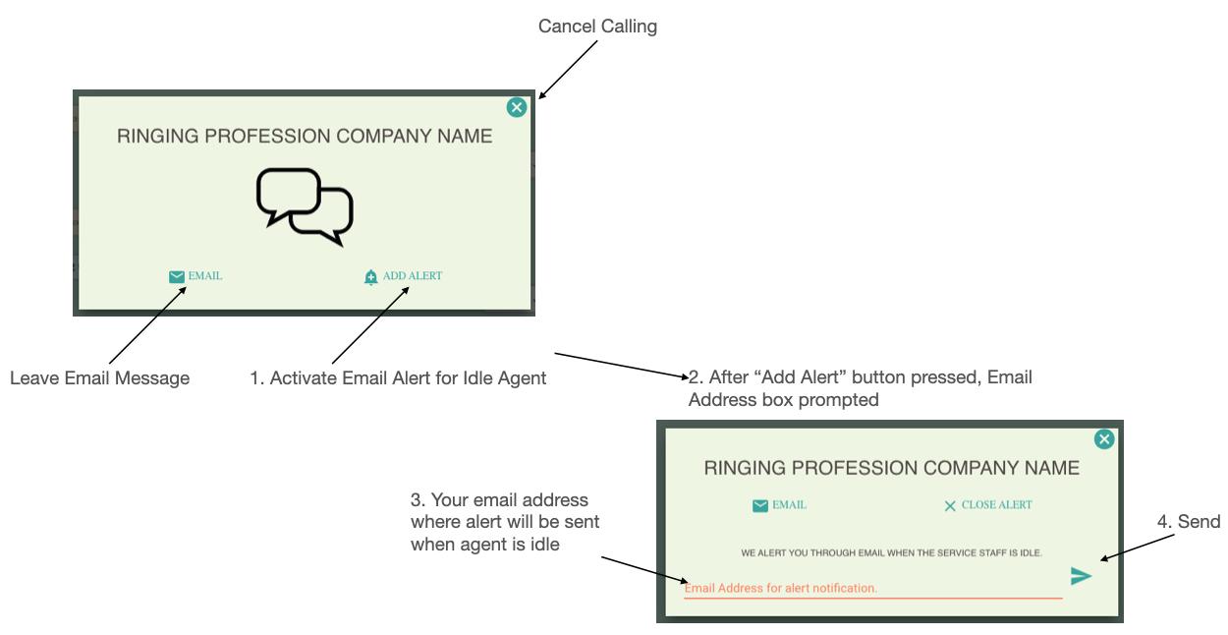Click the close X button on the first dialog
point(517,108)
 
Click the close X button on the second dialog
point(1104,439)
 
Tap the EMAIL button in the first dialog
point(196,276)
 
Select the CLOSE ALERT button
point(988,505)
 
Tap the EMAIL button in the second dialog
point(780,505)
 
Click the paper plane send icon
point(1081,576)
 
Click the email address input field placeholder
point(781,588)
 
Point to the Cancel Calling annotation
point(597,27)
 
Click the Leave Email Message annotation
point(99,378)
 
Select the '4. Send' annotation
point(1188,522)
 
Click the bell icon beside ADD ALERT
point(370,277)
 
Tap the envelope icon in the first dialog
point(177,277)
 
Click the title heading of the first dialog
point(305,137)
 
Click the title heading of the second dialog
point(891,468)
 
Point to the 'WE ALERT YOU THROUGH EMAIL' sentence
point(891,553)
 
